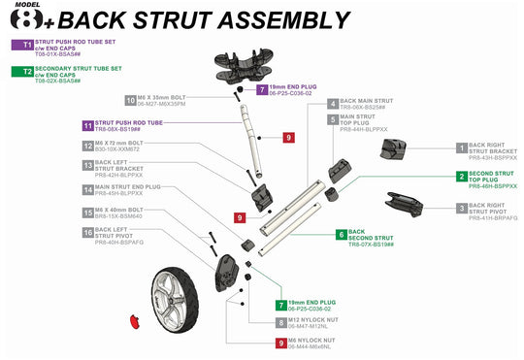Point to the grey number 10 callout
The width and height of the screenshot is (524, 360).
(130, 100)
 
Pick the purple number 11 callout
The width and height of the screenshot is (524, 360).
(88, 126)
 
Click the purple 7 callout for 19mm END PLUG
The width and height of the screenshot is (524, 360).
(262, 88)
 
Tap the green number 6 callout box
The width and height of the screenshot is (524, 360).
(341, 235)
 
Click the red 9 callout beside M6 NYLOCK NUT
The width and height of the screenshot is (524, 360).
(281, 341)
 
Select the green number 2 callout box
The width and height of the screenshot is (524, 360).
(461, 177)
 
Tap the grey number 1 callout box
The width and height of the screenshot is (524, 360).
(461, 147)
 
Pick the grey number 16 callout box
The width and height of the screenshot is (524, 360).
(88, 233)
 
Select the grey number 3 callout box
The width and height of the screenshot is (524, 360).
(461, 208)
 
